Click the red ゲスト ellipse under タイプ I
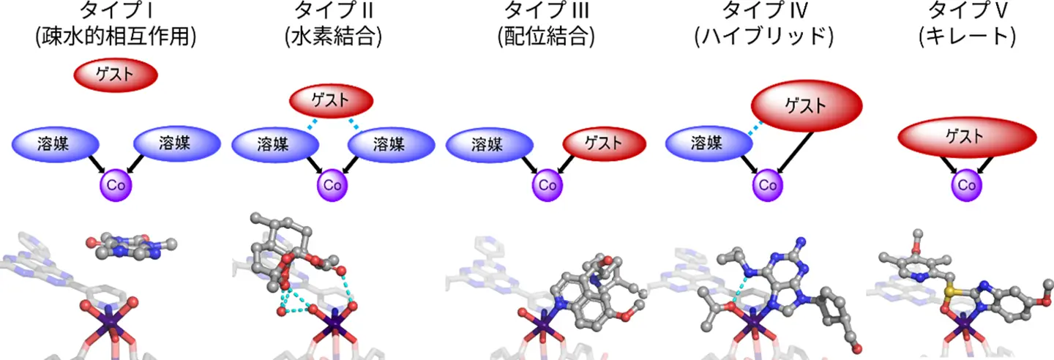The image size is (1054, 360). click(x=115, y=75)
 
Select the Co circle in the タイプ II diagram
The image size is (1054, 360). click(x=332, y=183)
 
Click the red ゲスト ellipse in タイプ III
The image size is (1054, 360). click(x=603, y=144)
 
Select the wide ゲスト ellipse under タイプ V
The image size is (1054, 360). click(x=966, y=136)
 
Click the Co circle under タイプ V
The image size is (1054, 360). click(x=966, y=186)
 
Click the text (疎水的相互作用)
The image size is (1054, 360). click(x=116, y=37)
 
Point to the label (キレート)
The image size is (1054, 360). click(x=966, y=37)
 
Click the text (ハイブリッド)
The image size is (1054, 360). click(x=764, y=37)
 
